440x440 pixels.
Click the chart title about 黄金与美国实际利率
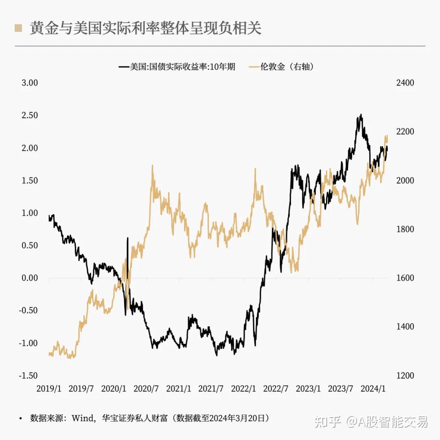coord(145,29)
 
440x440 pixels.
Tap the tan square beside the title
coord(18,28)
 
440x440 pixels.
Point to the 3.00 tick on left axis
coord(29,83)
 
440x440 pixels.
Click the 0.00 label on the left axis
coord(29,278)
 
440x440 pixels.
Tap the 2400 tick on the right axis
coord(405,83)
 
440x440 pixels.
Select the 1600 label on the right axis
coord(405,278)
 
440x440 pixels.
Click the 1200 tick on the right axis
coord(405,375)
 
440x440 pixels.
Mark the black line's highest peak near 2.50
coord(361,115)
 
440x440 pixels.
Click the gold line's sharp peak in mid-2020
coord(152,166)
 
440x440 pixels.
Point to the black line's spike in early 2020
coord(128,238)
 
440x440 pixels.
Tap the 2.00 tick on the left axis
coord(29,148)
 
